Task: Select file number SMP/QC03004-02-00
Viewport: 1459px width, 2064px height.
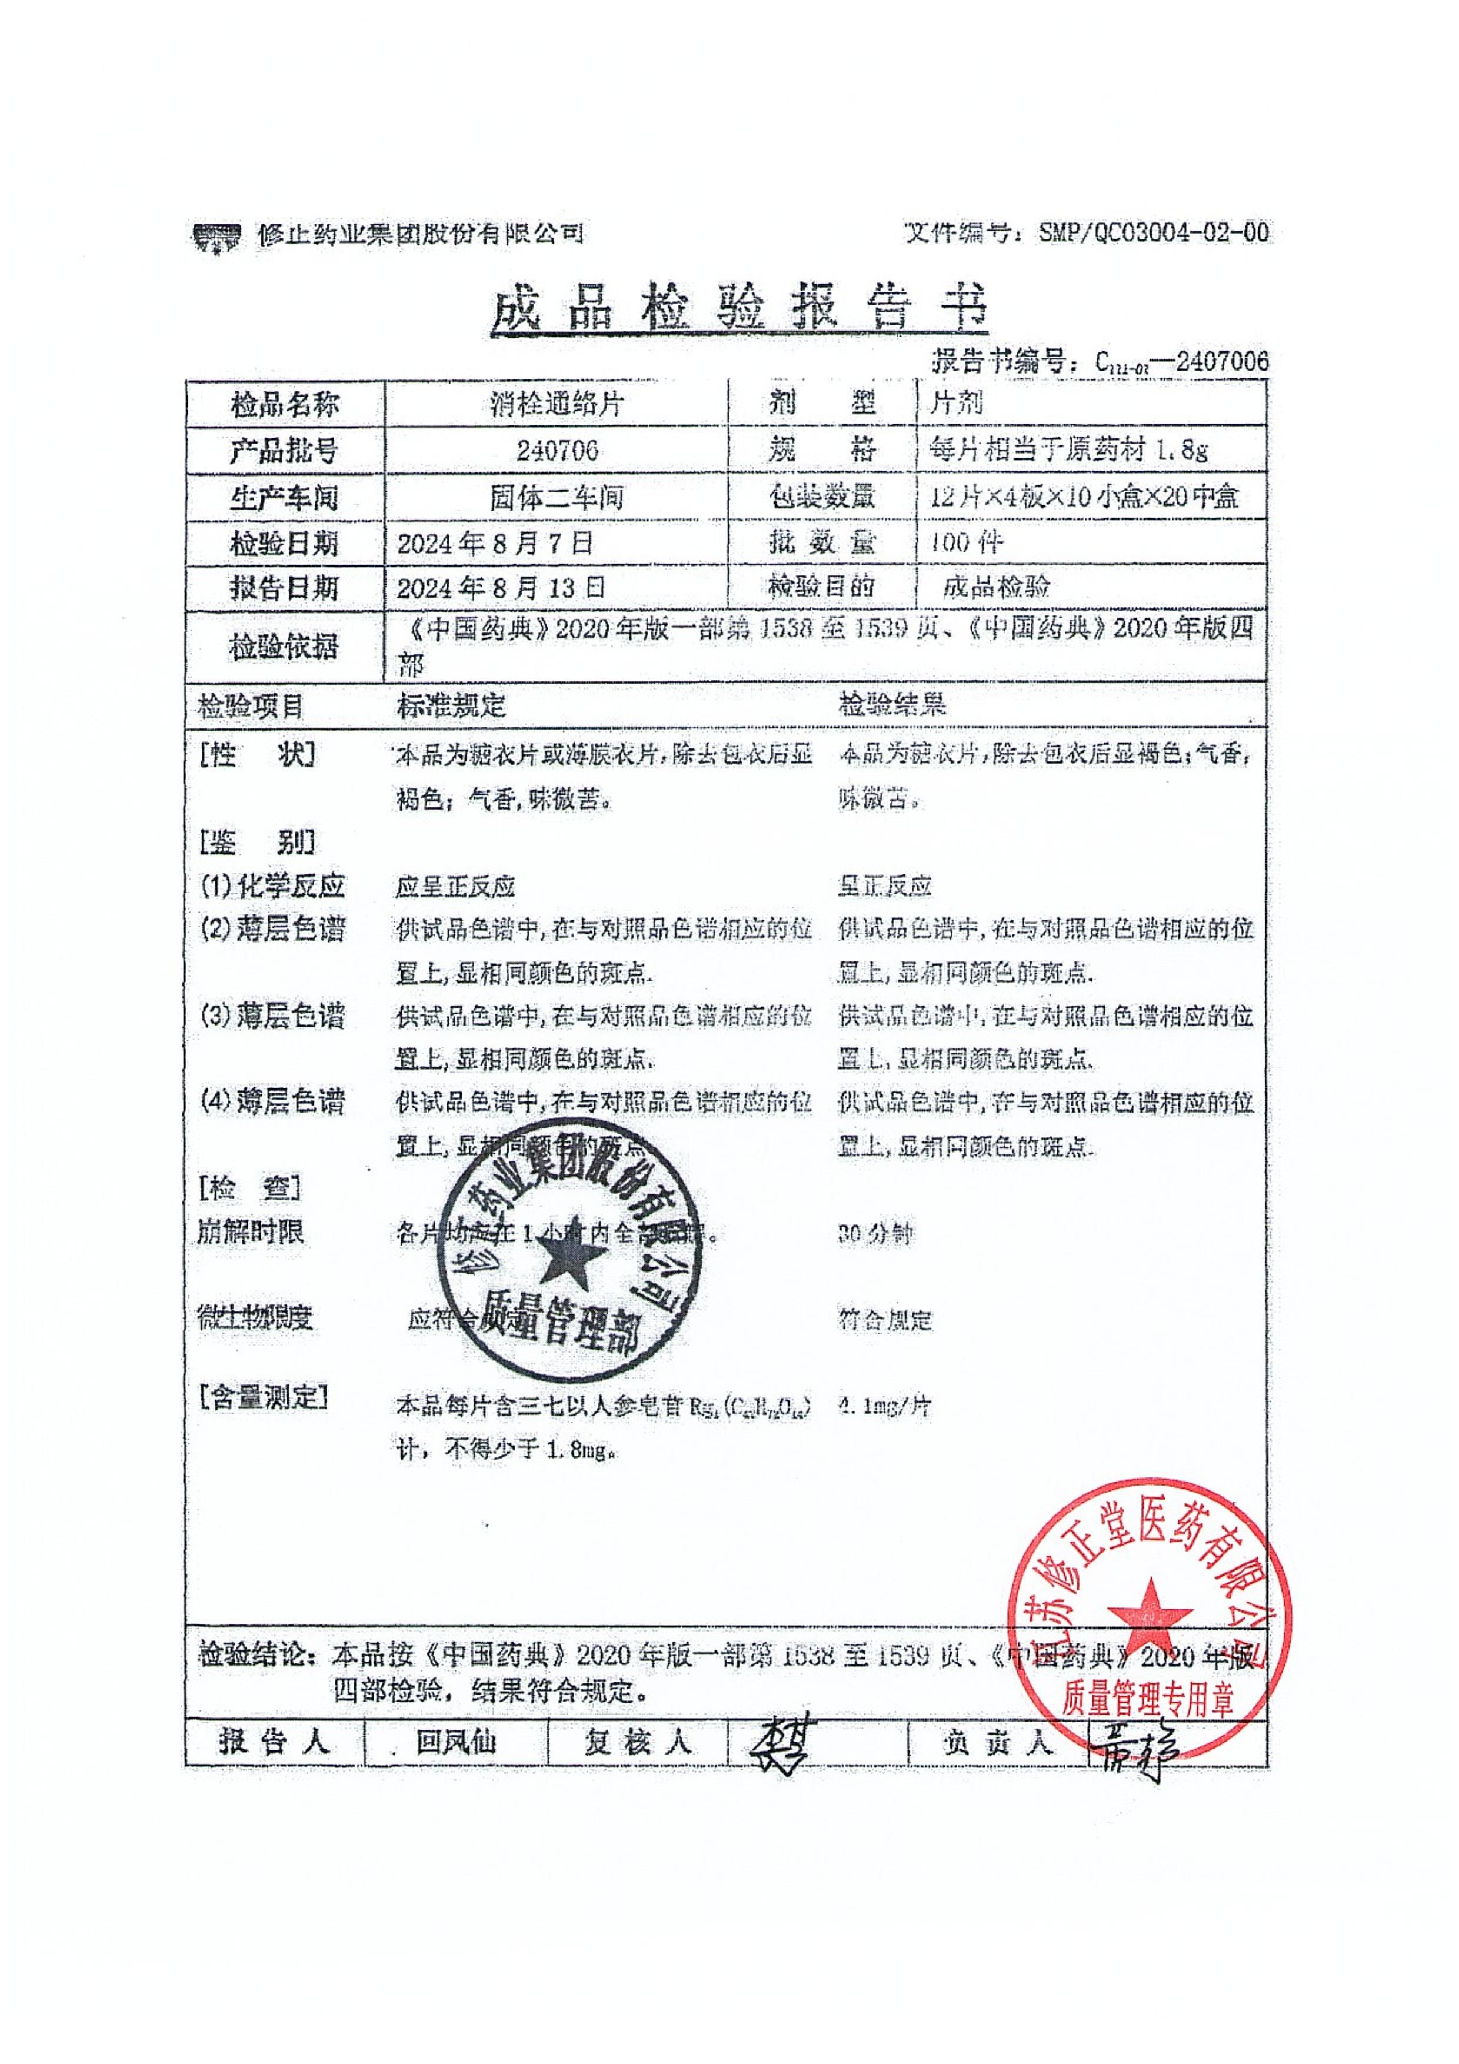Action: [x=1153, y=233]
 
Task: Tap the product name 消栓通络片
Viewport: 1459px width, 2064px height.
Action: [x=557, y=405]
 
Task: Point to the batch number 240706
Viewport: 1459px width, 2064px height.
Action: [x=557, y=450]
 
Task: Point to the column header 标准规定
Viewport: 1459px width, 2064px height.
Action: [x=451, y=705]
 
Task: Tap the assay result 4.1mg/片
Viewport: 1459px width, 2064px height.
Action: [x=884, y=1405]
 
